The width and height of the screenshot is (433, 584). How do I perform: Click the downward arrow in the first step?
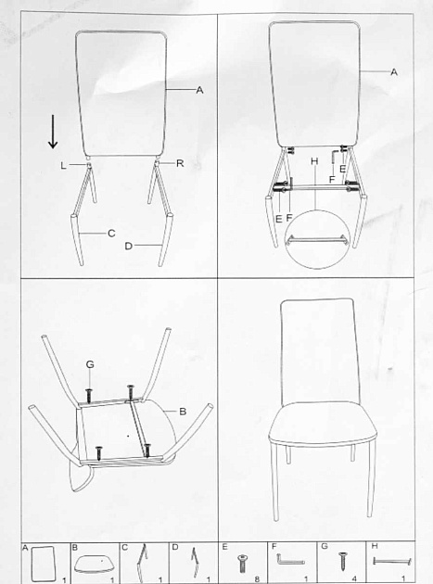[53, 132]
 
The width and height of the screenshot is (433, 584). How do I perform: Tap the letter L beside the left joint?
[64, 165]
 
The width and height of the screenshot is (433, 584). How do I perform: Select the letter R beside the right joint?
[180, 163]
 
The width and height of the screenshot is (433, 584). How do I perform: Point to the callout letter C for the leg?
[111, 234]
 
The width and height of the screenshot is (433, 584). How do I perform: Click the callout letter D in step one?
[129, 246]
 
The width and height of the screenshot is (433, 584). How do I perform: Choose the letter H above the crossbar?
[315, 161]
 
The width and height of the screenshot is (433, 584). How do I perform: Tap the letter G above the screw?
[90, 364]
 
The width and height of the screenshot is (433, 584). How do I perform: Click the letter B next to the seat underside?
[183, 412]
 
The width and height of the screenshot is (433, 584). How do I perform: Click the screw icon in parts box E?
[243, 564]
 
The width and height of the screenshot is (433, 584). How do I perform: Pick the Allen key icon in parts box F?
[290, 559]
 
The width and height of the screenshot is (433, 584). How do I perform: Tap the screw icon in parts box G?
[342, 562]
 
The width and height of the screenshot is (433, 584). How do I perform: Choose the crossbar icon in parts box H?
[391, 561]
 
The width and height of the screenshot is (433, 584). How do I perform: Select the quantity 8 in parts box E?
[257, 579]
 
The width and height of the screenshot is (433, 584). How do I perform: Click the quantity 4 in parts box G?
[354, 579]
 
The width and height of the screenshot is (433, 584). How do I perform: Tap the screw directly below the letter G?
[89, 396]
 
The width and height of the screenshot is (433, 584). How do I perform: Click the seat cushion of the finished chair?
[323, 423]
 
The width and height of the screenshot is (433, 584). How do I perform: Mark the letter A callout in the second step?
[394, 72]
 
